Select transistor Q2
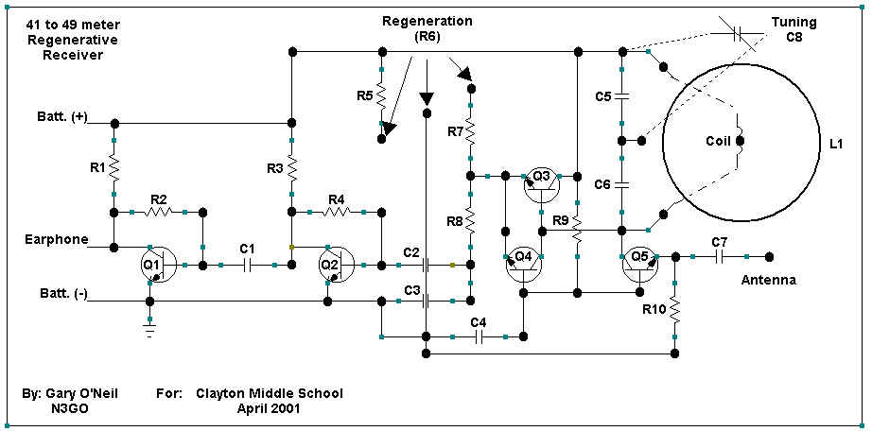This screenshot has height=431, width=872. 332,264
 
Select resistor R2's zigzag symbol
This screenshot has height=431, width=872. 158,211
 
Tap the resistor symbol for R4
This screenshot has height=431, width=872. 336,211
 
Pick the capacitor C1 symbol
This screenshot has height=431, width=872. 247,266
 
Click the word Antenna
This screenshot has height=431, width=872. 767,280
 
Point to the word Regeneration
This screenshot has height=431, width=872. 427,21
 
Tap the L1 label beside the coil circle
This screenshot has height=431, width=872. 834,144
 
